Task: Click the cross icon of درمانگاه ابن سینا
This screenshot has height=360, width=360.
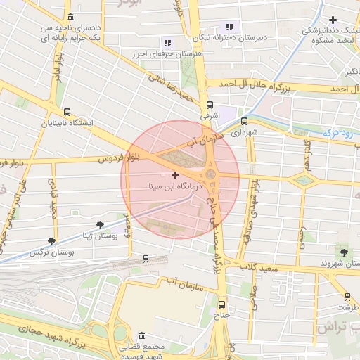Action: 175,174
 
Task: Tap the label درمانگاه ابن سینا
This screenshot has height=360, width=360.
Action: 176,188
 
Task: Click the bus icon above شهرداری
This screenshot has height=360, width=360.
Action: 244,120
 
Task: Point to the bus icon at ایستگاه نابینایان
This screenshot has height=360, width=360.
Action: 67,112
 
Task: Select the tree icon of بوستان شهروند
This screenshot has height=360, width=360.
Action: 343,252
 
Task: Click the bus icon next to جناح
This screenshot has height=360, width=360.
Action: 223,304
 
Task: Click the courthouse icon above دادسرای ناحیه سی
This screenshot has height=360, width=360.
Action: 70,17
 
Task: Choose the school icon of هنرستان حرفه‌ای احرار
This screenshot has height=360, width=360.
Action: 167,42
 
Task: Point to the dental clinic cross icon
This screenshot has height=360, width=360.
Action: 333,20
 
